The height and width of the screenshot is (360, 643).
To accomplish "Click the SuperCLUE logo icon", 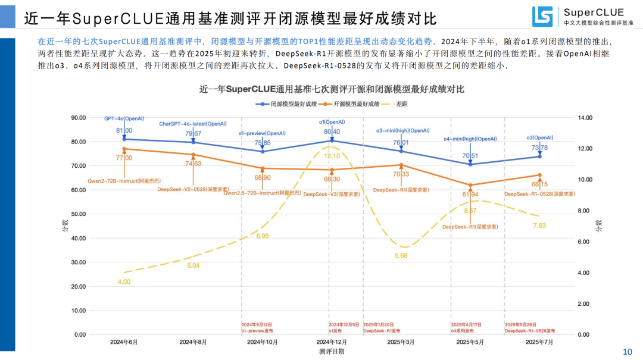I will [x=543, y=17].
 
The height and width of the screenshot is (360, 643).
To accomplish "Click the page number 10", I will [x=627, y=352].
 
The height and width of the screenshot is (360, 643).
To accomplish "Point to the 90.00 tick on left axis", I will [x=79, y=118].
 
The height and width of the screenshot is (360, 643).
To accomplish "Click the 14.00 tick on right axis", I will [x=586, y=118].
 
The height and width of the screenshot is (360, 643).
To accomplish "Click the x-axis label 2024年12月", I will [x=332, y=342].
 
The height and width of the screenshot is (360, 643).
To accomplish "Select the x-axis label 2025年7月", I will [x=539, y=342].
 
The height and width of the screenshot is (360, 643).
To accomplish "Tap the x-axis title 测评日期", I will [x=332, y=352].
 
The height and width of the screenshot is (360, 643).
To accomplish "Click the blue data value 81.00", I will [x=124, y=130].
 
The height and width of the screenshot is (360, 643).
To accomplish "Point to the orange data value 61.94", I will [x=470, y=195].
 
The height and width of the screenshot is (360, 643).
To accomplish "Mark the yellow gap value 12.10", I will [x=332, y=156].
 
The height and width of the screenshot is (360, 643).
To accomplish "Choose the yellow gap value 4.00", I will [x=124, y=281].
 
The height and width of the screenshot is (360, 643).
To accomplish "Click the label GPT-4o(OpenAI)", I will [x=124, y=119].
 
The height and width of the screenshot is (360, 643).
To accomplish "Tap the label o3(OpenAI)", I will [x=539, y=137].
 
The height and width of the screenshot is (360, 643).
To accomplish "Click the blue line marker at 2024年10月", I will [x=263, y=151].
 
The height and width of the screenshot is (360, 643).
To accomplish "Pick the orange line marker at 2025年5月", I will [x=470, y=185].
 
